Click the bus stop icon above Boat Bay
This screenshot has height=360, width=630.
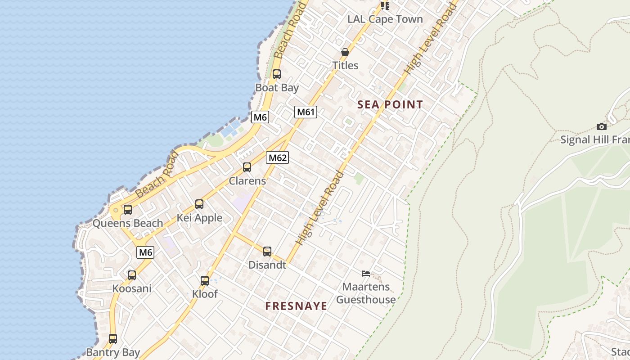277,74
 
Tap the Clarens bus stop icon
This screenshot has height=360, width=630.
247,167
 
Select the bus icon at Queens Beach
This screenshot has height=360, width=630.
128,210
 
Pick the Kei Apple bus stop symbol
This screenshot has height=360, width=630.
199,204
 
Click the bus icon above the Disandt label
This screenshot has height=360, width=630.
267,252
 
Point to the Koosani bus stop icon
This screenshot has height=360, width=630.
132,275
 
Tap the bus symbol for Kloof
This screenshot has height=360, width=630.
205,281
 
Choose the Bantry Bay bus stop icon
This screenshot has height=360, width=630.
113,339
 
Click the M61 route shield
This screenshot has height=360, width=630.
306,112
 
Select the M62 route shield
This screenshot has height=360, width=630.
277,157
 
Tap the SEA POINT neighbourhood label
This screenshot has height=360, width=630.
390,105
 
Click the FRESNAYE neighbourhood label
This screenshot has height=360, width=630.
296,306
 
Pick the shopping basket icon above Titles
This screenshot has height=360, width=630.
345,53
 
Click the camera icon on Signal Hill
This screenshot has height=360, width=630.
601,127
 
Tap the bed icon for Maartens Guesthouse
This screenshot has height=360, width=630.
366,273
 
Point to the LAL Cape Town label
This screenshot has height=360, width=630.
385,19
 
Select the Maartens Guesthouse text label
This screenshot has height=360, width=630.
366,293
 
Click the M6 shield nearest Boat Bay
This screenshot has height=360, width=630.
261,117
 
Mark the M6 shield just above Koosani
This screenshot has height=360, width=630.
145,252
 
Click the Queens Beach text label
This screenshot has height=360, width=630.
128,223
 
